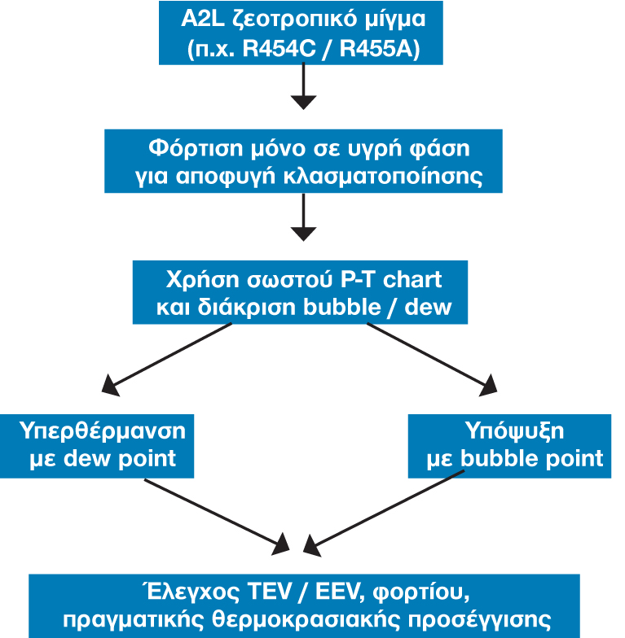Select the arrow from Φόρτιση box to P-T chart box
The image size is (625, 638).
coord(303,216)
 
